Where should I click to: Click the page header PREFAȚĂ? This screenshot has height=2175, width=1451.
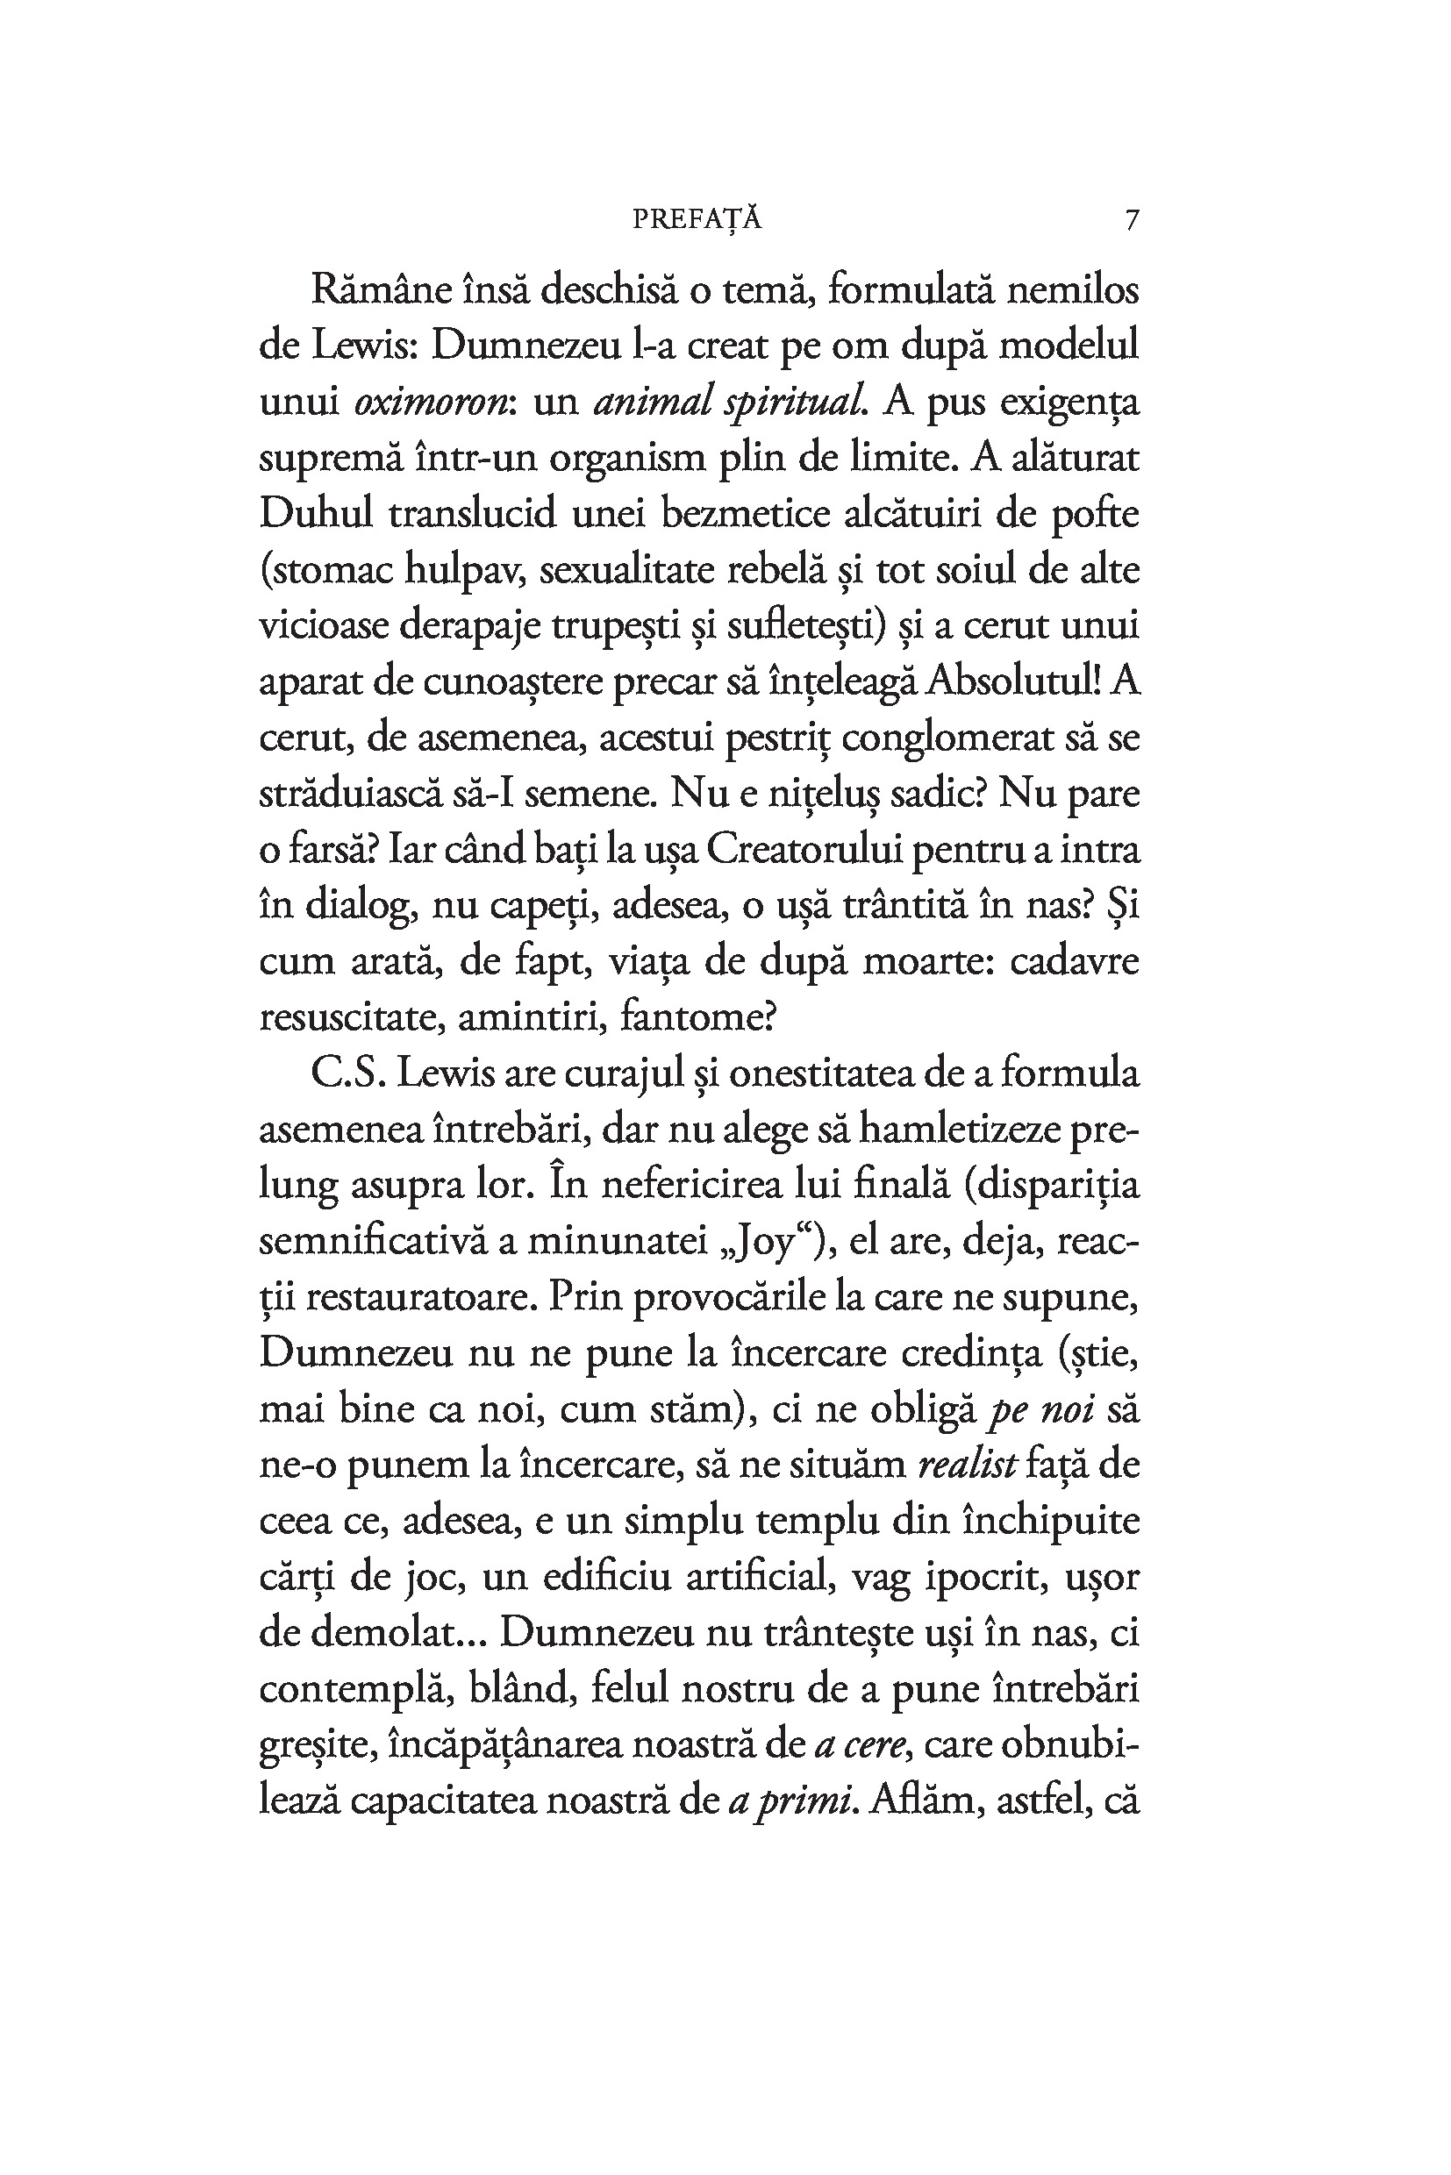click(x=697, y=219)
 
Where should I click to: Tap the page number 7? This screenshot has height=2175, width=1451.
click(x=1131, y=220)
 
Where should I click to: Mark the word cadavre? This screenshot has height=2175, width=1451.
click(x=1074, y=962)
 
